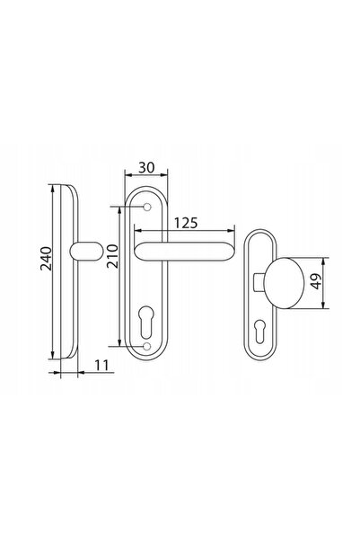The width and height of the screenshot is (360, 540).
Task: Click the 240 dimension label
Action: pos(46,258)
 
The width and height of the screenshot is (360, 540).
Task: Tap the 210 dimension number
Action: pos(112,256)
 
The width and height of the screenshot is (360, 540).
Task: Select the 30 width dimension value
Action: pos(146,167)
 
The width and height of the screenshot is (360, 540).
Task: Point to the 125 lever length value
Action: pos(186,223)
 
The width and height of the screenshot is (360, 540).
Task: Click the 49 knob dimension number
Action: pos(316,281)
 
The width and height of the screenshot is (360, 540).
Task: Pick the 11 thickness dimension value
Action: pos(101,365)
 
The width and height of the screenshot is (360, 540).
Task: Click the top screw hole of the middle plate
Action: pos(147,207)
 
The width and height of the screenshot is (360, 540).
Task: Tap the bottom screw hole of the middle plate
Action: pos(147,346)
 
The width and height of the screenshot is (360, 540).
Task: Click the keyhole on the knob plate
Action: pos(260,332)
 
